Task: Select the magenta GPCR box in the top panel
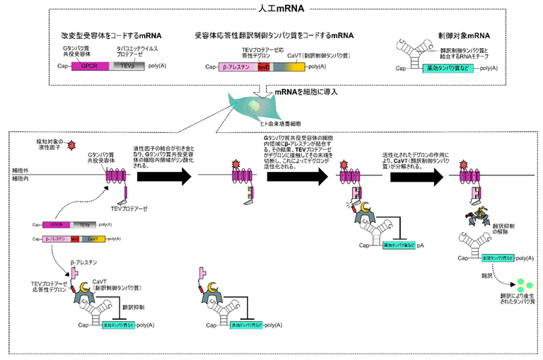click(x=89, y=65)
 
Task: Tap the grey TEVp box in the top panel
click(x=127, y=65)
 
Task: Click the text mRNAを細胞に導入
click(x=304, y=92)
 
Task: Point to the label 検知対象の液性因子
click(x=50, y=145)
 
